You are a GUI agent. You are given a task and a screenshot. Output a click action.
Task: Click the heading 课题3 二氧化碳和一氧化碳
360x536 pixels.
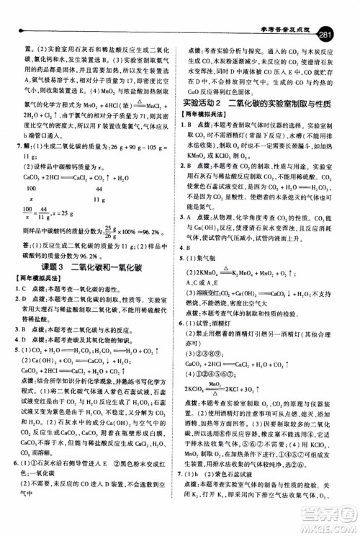83,288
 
